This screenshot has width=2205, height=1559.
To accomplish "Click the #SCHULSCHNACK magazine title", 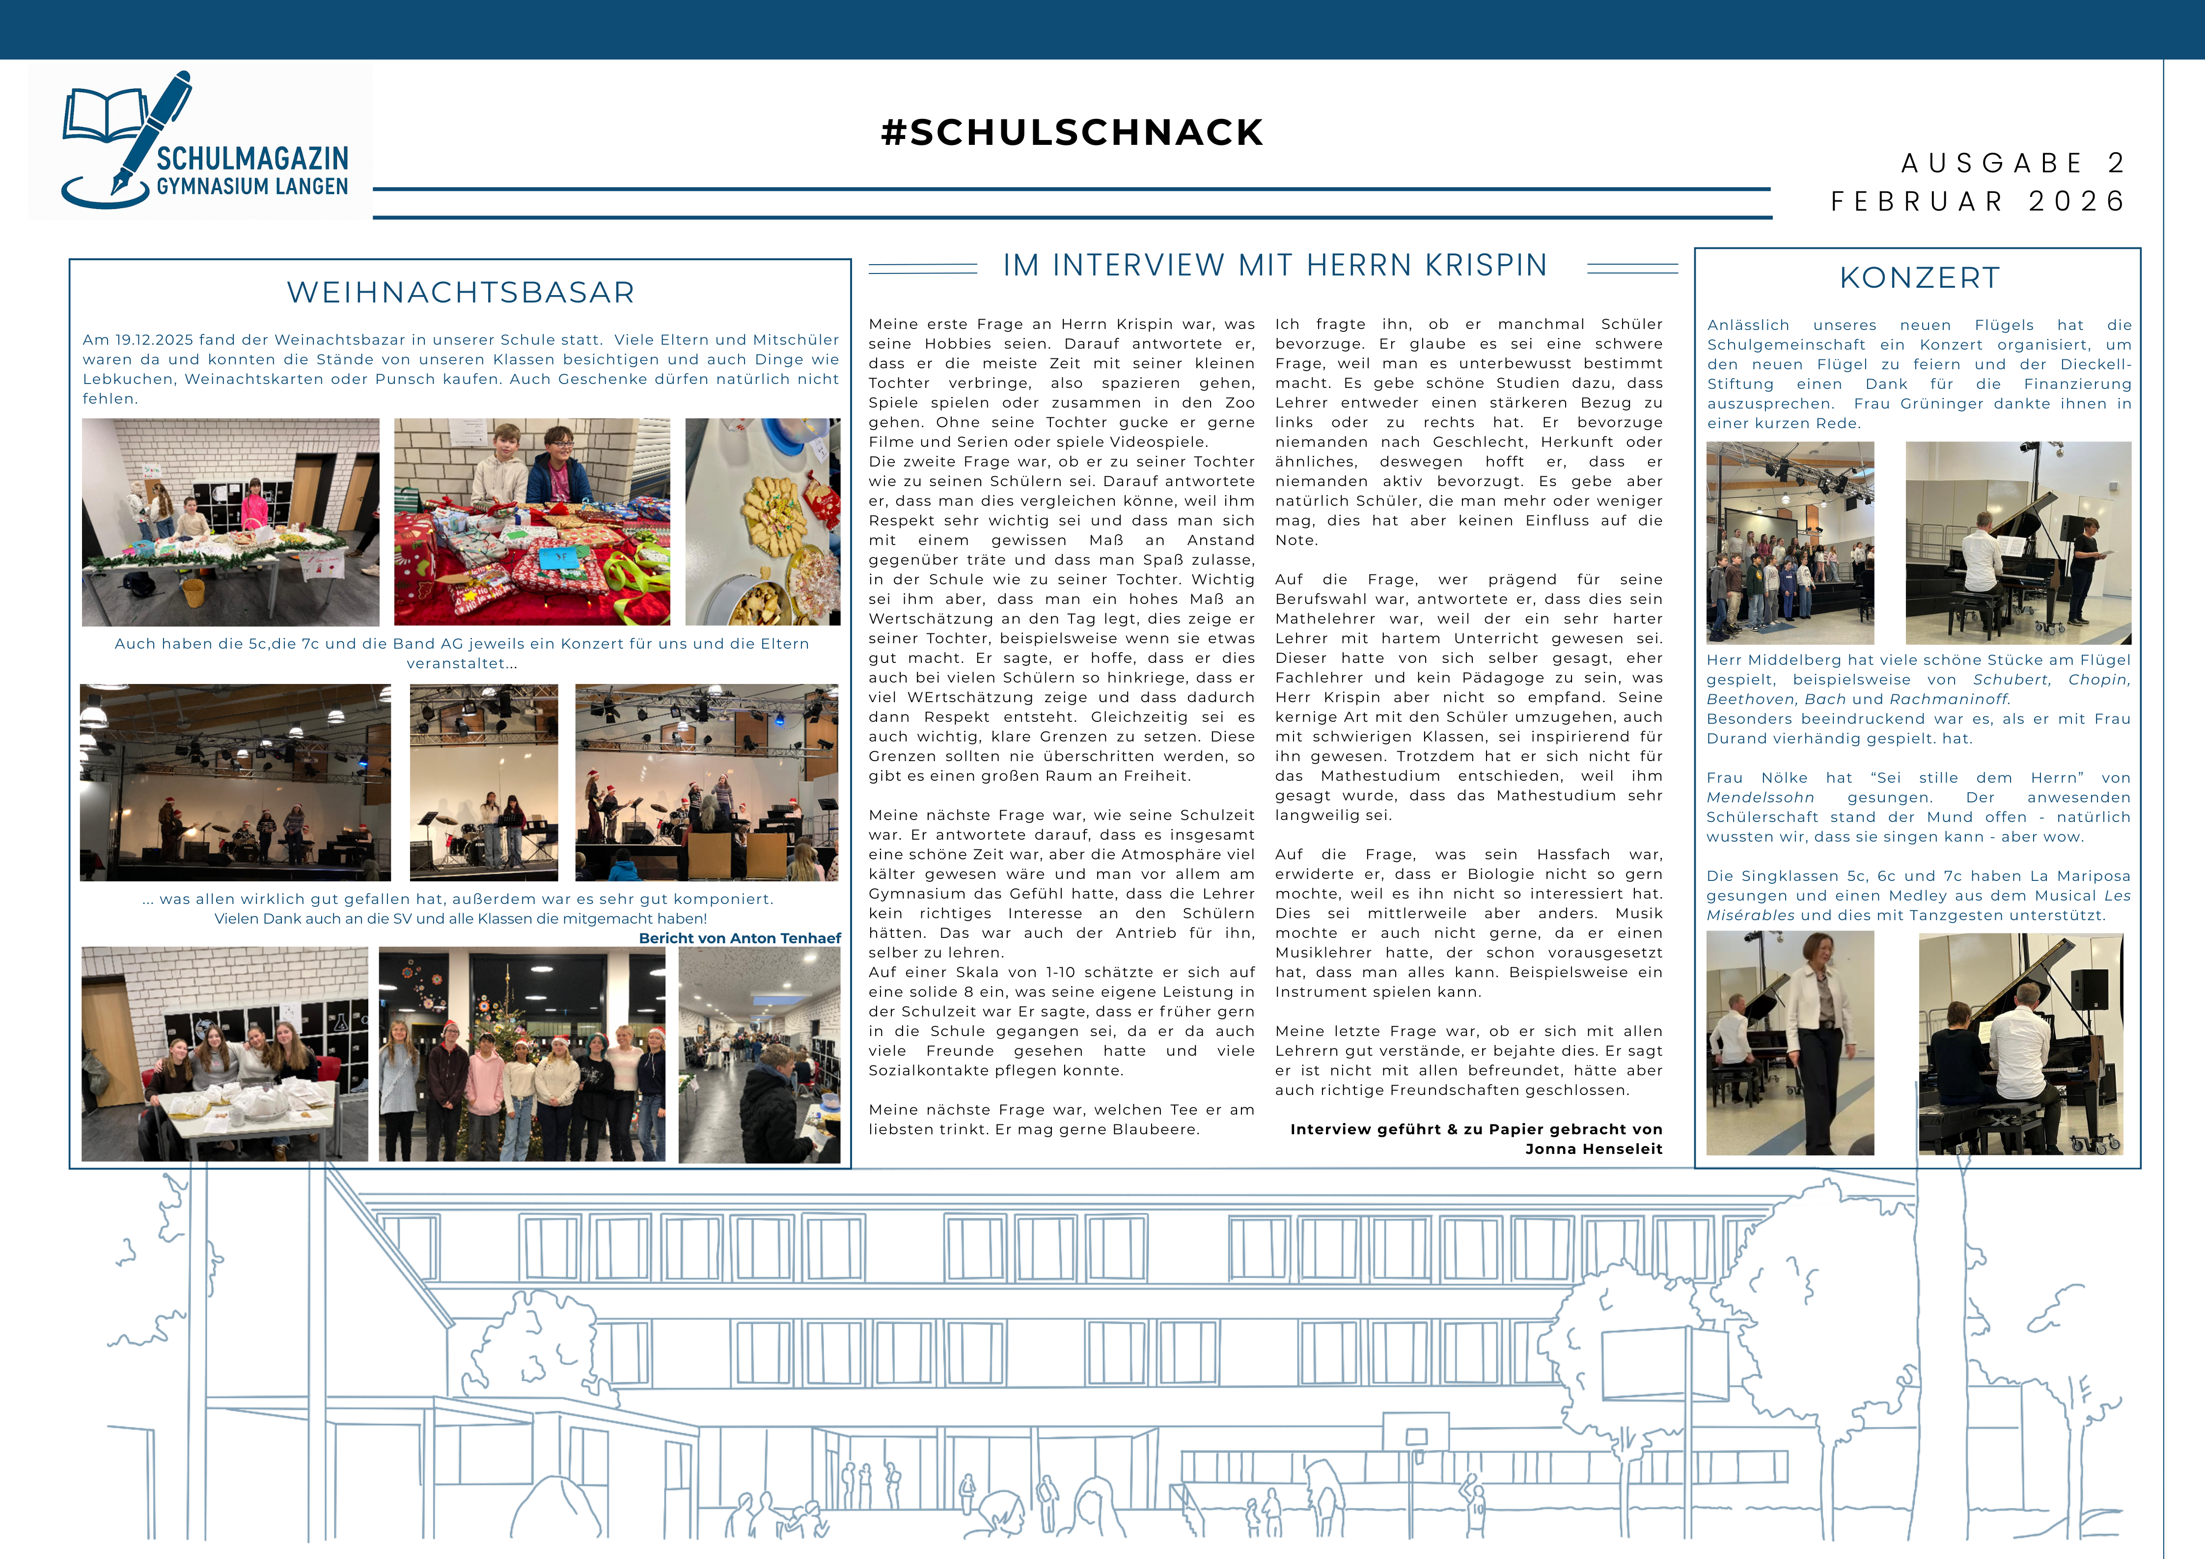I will pyautogui.click(x=1072, y=133).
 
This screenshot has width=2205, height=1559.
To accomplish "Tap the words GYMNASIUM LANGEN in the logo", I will pyautogui.click(x=252, y=186).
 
